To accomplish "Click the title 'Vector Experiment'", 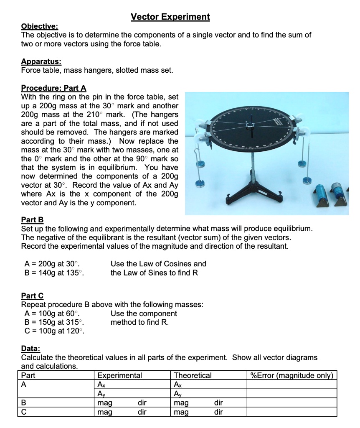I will pyautogui.click(x=170, y=17).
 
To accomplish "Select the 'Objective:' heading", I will pyautogui.click(x=40, y=26).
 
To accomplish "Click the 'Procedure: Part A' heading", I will pyautogui.click(x=53, y=88).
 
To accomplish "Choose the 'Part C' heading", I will pyautogui.click(x=32, y=296).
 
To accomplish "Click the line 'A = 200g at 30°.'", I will pyautogui.click(x=52, y=264).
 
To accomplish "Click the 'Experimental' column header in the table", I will pyautogui.click(x=119, y=375).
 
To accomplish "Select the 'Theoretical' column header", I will pyautogui.click(x=193, y=375).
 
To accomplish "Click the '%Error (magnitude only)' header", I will pyautogui.click(x=292, y=375).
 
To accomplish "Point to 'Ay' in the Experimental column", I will pyautogui.click(x=101, y=394).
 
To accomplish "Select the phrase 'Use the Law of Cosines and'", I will pyautogui.click(x=158, y=264).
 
